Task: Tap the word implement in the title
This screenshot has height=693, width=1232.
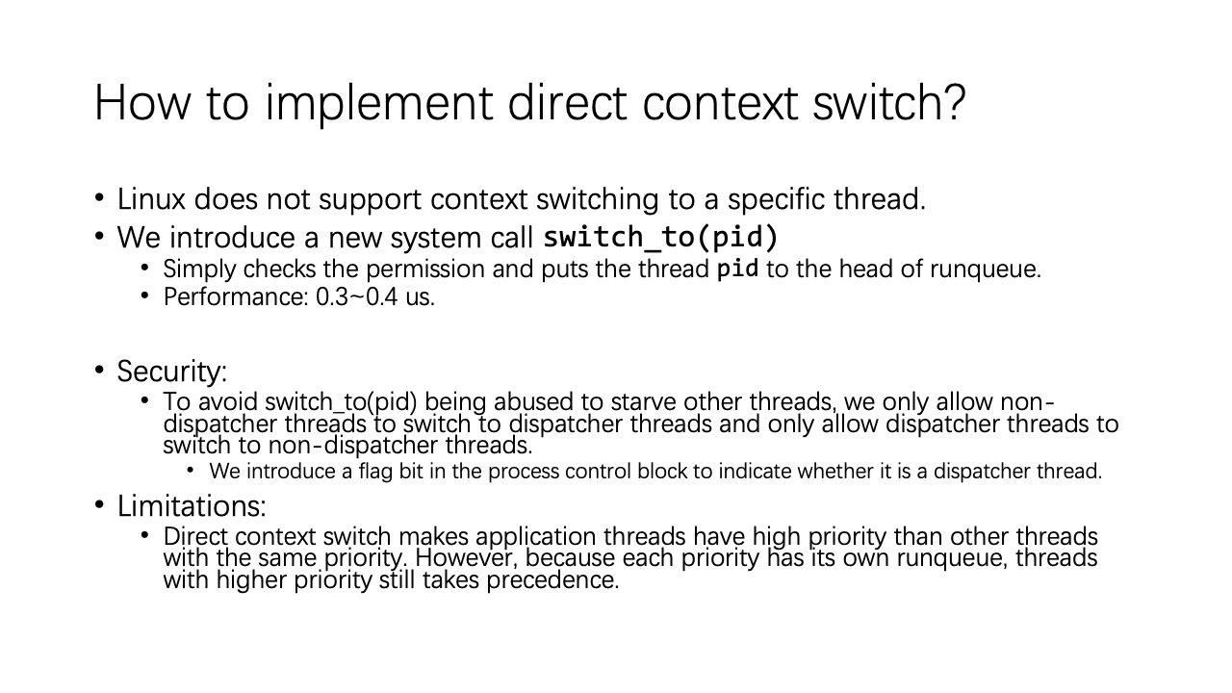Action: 379,106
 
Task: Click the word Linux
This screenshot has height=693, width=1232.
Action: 151,199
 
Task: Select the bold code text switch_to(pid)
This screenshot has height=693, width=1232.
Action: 660,237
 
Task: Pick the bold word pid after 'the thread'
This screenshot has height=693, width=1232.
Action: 737,269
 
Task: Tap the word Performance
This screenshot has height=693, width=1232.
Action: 236,297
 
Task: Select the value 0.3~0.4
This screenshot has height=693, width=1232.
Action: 356,297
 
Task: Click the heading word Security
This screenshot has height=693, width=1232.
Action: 171,372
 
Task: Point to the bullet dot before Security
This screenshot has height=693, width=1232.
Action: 99,370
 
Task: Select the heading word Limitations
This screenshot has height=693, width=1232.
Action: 192,506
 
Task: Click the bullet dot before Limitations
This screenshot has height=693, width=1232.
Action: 99,504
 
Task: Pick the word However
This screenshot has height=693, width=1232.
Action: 467,558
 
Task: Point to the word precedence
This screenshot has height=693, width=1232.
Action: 552,580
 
